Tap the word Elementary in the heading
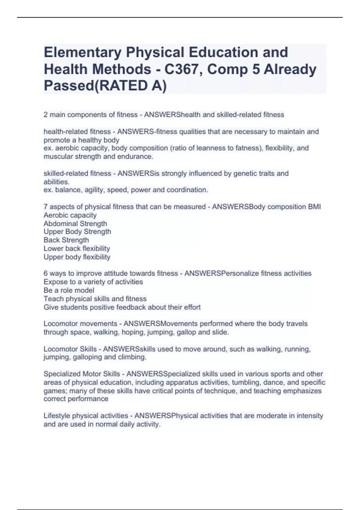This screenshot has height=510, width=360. (83, 52)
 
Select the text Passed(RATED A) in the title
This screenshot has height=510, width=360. (105, 86)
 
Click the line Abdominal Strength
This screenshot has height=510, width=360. (75, 223)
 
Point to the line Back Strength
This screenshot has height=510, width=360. (66, 240)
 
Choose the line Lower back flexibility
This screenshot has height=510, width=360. (77, 248)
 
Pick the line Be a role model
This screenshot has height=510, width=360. (69, 290)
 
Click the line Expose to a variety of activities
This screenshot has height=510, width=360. (93, 282)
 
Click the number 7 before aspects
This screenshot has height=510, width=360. (46, 207)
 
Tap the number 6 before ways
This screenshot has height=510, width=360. (46, 273)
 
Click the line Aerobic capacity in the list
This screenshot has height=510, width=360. (70, 215)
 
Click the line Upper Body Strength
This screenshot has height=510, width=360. (77, 232)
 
